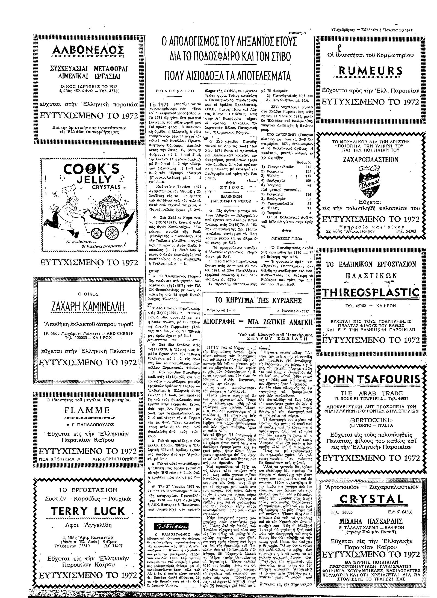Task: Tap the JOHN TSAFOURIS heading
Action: [371, 380]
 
